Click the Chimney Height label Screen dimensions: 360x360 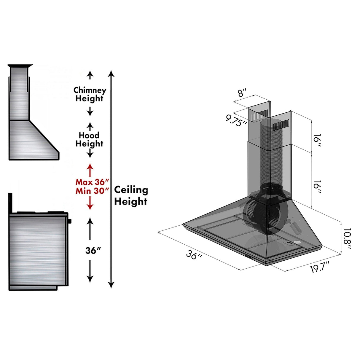click(90, 94)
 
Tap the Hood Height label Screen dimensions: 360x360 click(89, 139)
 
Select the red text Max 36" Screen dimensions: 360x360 click(92, 182)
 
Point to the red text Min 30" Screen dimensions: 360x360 click(92, 191)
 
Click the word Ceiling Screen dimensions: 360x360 click(131, 190)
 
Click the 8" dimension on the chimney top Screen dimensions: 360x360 click(242, 93)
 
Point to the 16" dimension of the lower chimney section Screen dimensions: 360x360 click(317, 187)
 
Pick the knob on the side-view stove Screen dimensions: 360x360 click(70, 221)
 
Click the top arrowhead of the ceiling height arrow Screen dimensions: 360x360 click(111, 73)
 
